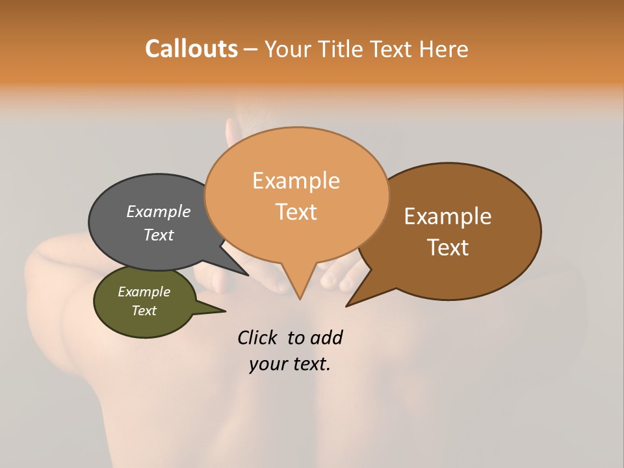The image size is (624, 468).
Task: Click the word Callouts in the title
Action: point(191,49)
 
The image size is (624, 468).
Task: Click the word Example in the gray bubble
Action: point(158,211)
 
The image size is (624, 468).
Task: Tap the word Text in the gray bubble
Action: point(158,235)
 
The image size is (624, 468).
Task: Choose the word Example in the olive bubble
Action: point(144,292)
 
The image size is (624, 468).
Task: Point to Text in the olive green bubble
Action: point(144,310)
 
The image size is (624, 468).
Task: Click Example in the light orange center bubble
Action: point(296,180)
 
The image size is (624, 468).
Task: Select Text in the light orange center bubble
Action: point(296,211)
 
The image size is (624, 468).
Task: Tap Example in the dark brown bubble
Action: point(448,216)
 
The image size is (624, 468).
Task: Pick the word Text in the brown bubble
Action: point(448,247)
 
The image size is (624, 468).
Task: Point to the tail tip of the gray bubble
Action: point(247,274)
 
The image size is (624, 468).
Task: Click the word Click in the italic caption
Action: point(257,337)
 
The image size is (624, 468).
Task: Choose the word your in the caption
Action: point(268,364)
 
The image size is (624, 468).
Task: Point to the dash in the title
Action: point(250,49)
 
